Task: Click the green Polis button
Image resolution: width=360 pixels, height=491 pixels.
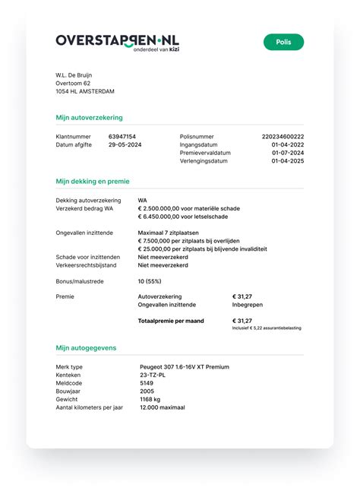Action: pos(283,42)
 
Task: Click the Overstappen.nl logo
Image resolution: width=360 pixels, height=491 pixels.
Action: pos(118,42)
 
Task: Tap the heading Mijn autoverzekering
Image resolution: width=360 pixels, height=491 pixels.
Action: pos(89,118)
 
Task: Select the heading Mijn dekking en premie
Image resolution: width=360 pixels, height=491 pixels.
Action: pos(93,182)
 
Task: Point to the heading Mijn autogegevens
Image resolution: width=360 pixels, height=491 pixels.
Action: pos(86,347)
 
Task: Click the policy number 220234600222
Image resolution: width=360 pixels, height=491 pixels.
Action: pos(283,136)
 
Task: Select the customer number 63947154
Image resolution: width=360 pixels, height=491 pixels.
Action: pos(122,136)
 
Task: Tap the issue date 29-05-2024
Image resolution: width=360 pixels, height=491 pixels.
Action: pos(125,144)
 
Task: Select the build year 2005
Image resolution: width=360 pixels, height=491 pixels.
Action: pos(147,391)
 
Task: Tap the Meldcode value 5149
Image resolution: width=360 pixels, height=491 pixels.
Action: pos(147,383)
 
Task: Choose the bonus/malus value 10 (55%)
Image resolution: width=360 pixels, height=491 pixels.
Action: pos(153,281)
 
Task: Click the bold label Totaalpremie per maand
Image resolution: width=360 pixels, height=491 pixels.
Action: pos(171,321)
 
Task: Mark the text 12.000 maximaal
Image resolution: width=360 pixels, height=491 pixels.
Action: pos(162,408)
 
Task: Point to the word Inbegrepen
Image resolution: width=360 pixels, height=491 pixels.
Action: pos(248,305)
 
